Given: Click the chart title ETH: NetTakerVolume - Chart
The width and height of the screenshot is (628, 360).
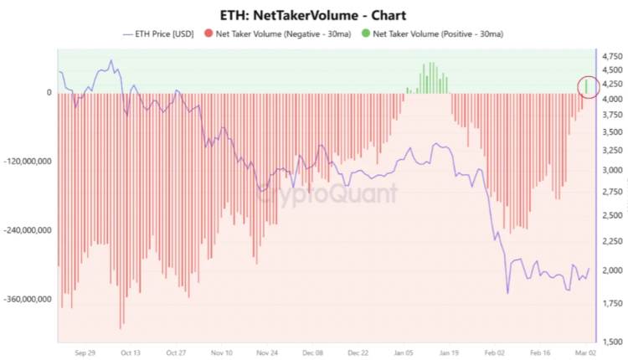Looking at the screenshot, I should (x=314, y=14).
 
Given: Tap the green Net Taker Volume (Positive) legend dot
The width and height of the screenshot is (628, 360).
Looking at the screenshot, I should (x=367, y=33).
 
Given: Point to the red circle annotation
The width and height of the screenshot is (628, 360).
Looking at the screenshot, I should (x=589, y=85).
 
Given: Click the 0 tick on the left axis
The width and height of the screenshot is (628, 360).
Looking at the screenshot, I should (x=49, y=93).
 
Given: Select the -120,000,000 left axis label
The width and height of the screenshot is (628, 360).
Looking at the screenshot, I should (x=29, y=161).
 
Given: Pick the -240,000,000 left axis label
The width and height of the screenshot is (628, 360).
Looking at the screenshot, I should (x=29, y=229).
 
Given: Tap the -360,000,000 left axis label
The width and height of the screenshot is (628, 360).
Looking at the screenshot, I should (x=29, y=299).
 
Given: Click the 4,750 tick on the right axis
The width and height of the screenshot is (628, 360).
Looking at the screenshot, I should (x=611, y=56).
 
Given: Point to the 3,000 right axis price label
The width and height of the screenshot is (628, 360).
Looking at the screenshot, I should (x=611, y=170).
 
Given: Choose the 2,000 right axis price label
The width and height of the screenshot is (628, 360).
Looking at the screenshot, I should (x=611, y=270).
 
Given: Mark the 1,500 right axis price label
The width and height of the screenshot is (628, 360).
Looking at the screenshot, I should (x=611, y=341).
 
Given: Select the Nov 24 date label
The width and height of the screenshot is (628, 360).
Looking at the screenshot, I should (x=268, y=353).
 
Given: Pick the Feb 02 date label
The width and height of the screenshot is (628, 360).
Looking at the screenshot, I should (x=497, y=353).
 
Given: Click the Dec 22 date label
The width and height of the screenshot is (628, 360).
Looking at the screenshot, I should (x=359, y=353).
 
